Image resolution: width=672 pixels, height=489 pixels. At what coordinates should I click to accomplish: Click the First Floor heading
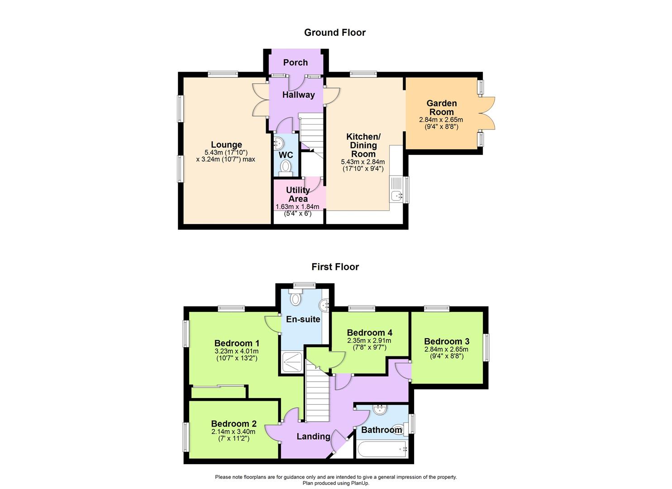335,267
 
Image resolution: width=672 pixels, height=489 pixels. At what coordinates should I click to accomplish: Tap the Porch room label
295,62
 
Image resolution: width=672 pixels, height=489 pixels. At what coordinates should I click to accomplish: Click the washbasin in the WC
278,143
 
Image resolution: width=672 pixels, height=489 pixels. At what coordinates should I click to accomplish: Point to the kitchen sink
397,196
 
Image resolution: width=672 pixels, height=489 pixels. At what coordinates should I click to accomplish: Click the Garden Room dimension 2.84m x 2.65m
441,120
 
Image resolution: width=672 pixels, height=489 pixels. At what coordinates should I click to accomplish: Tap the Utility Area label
298,194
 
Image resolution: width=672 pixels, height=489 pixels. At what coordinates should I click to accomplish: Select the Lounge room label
226,144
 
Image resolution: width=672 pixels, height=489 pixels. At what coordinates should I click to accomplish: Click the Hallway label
299,95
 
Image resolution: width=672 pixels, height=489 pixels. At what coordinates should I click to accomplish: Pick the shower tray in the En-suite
292,362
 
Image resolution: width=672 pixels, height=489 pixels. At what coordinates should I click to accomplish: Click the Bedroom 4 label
370,333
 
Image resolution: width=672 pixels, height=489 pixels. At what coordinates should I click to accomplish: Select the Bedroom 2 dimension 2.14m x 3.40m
233,431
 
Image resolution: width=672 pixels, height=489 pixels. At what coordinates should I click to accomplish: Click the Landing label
314,436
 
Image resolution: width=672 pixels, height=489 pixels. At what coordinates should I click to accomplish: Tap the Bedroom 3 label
447,341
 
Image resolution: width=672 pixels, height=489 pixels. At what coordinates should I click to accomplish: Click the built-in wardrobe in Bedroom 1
219,392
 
